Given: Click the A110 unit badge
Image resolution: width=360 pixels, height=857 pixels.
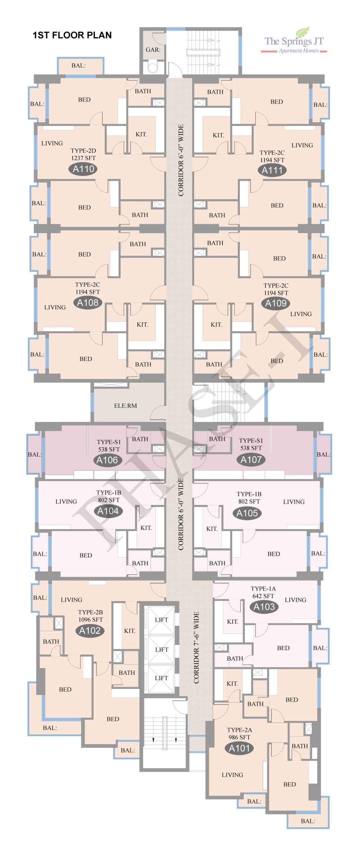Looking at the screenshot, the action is click(83, 169).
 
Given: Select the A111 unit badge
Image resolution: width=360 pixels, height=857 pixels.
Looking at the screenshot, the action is click(272, 170).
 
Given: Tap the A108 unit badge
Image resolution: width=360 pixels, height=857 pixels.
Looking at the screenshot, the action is click(88, 303).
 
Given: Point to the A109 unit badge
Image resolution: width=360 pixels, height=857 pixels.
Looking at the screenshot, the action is click(276, 303).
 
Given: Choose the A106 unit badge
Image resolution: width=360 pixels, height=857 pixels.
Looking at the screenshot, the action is click(107, 460).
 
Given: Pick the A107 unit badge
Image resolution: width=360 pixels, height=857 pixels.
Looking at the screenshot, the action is click(251, 459).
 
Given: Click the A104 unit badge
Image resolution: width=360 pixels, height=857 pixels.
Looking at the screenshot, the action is click(108, 511).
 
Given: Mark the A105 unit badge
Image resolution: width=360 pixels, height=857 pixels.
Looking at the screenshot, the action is click(247, 513).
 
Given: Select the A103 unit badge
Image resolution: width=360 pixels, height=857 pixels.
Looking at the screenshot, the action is click(264, 607).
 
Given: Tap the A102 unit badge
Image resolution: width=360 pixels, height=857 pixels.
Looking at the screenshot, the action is click(90, 631).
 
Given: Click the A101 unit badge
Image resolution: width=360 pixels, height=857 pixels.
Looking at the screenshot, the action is click(239, 748).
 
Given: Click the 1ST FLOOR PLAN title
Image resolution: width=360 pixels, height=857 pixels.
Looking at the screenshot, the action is click(72, 35).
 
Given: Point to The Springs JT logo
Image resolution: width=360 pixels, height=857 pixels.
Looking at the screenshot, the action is click(294, 41).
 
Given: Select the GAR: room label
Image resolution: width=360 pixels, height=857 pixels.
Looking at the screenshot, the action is click(153, 50).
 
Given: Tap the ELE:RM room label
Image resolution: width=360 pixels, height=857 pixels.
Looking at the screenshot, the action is click(126, 406).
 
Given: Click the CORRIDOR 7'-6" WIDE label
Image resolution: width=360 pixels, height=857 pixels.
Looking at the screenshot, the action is click(196, 647).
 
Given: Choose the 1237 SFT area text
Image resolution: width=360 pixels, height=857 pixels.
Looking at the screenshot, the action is click(83, 158).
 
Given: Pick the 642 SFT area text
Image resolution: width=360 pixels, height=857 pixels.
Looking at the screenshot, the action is click(263, 596).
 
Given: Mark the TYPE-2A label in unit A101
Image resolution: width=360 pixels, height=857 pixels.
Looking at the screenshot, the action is click(239, 730).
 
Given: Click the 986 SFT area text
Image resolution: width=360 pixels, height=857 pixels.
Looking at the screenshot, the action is click(239, 737).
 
